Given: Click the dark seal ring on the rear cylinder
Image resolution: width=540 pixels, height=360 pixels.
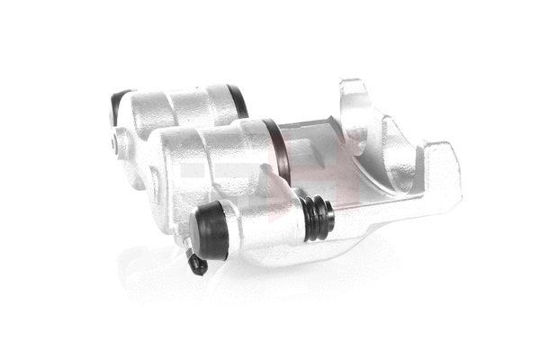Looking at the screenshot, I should point(238,101).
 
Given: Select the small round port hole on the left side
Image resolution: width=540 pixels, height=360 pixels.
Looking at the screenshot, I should point(117,141).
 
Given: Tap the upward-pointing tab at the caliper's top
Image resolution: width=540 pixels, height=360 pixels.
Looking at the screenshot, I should point(354,91).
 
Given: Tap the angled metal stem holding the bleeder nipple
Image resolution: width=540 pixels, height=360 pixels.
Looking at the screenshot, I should point(185,247).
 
